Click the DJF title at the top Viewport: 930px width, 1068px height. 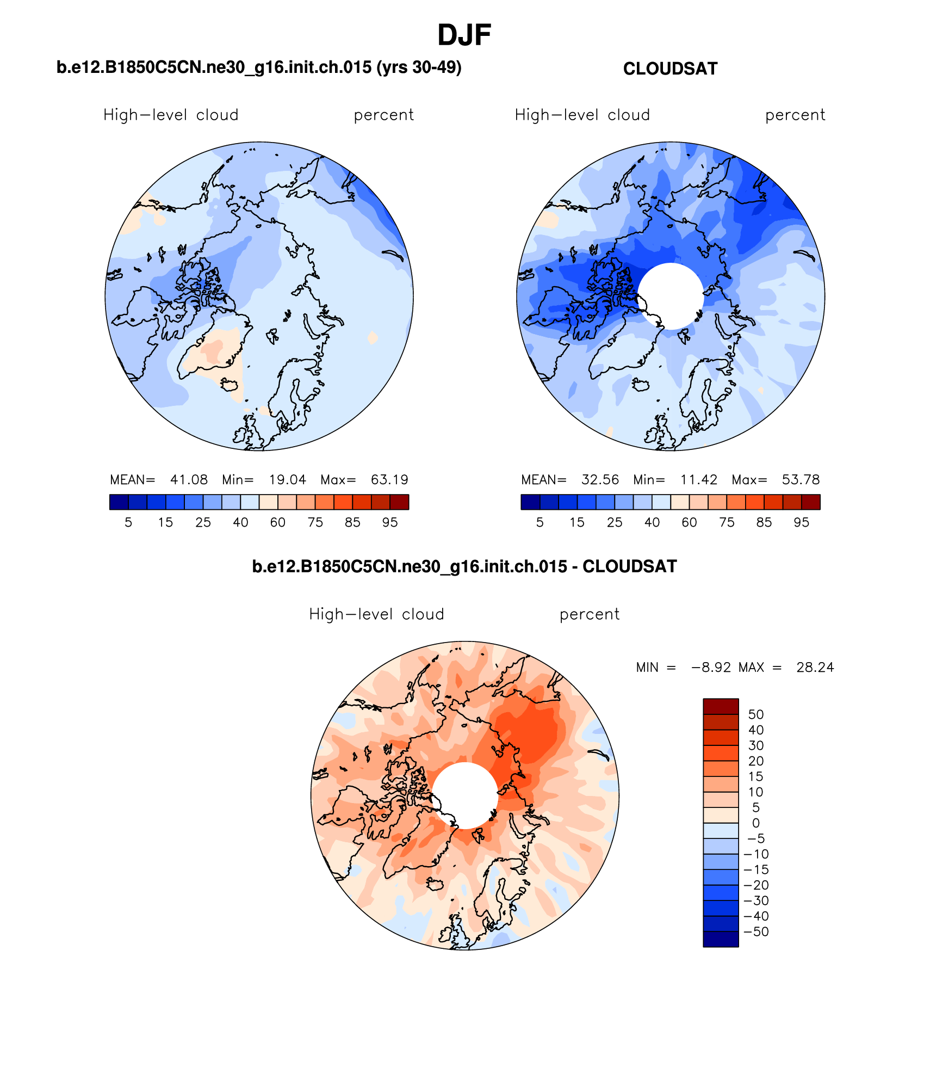pos(464,35)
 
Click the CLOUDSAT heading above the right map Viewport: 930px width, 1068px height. pos(670,69)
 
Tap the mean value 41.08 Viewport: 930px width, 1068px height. pos(189,480)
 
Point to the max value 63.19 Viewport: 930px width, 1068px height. pos(389,480)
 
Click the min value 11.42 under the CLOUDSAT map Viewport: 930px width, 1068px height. pos(699,480)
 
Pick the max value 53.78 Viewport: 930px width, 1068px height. pos(801,480)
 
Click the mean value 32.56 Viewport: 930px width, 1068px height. pos(600,480)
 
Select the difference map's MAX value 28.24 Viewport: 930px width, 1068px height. pos(815,668)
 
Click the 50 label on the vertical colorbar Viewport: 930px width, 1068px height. pos(756,714)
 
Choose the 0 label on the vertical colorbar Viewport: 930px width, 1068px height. pos(756,823)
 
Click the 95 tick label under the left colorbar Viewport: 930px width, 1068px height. pos(390,523)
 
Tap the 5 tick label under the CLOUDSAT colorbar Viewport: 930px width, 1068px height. pos(540,523)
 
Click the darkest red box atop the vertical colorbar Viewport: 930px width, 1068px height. pos(721,706)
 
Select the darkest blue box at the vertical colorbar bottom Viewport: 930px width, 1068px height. pos(721,940)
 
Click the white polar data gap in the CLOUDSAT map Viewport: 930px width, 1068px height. pos(671,296)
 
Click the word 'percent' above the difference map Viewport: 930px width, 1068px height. pos(590,615)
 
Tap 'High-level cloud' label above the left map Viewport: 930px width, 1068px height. pos(171,115)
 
